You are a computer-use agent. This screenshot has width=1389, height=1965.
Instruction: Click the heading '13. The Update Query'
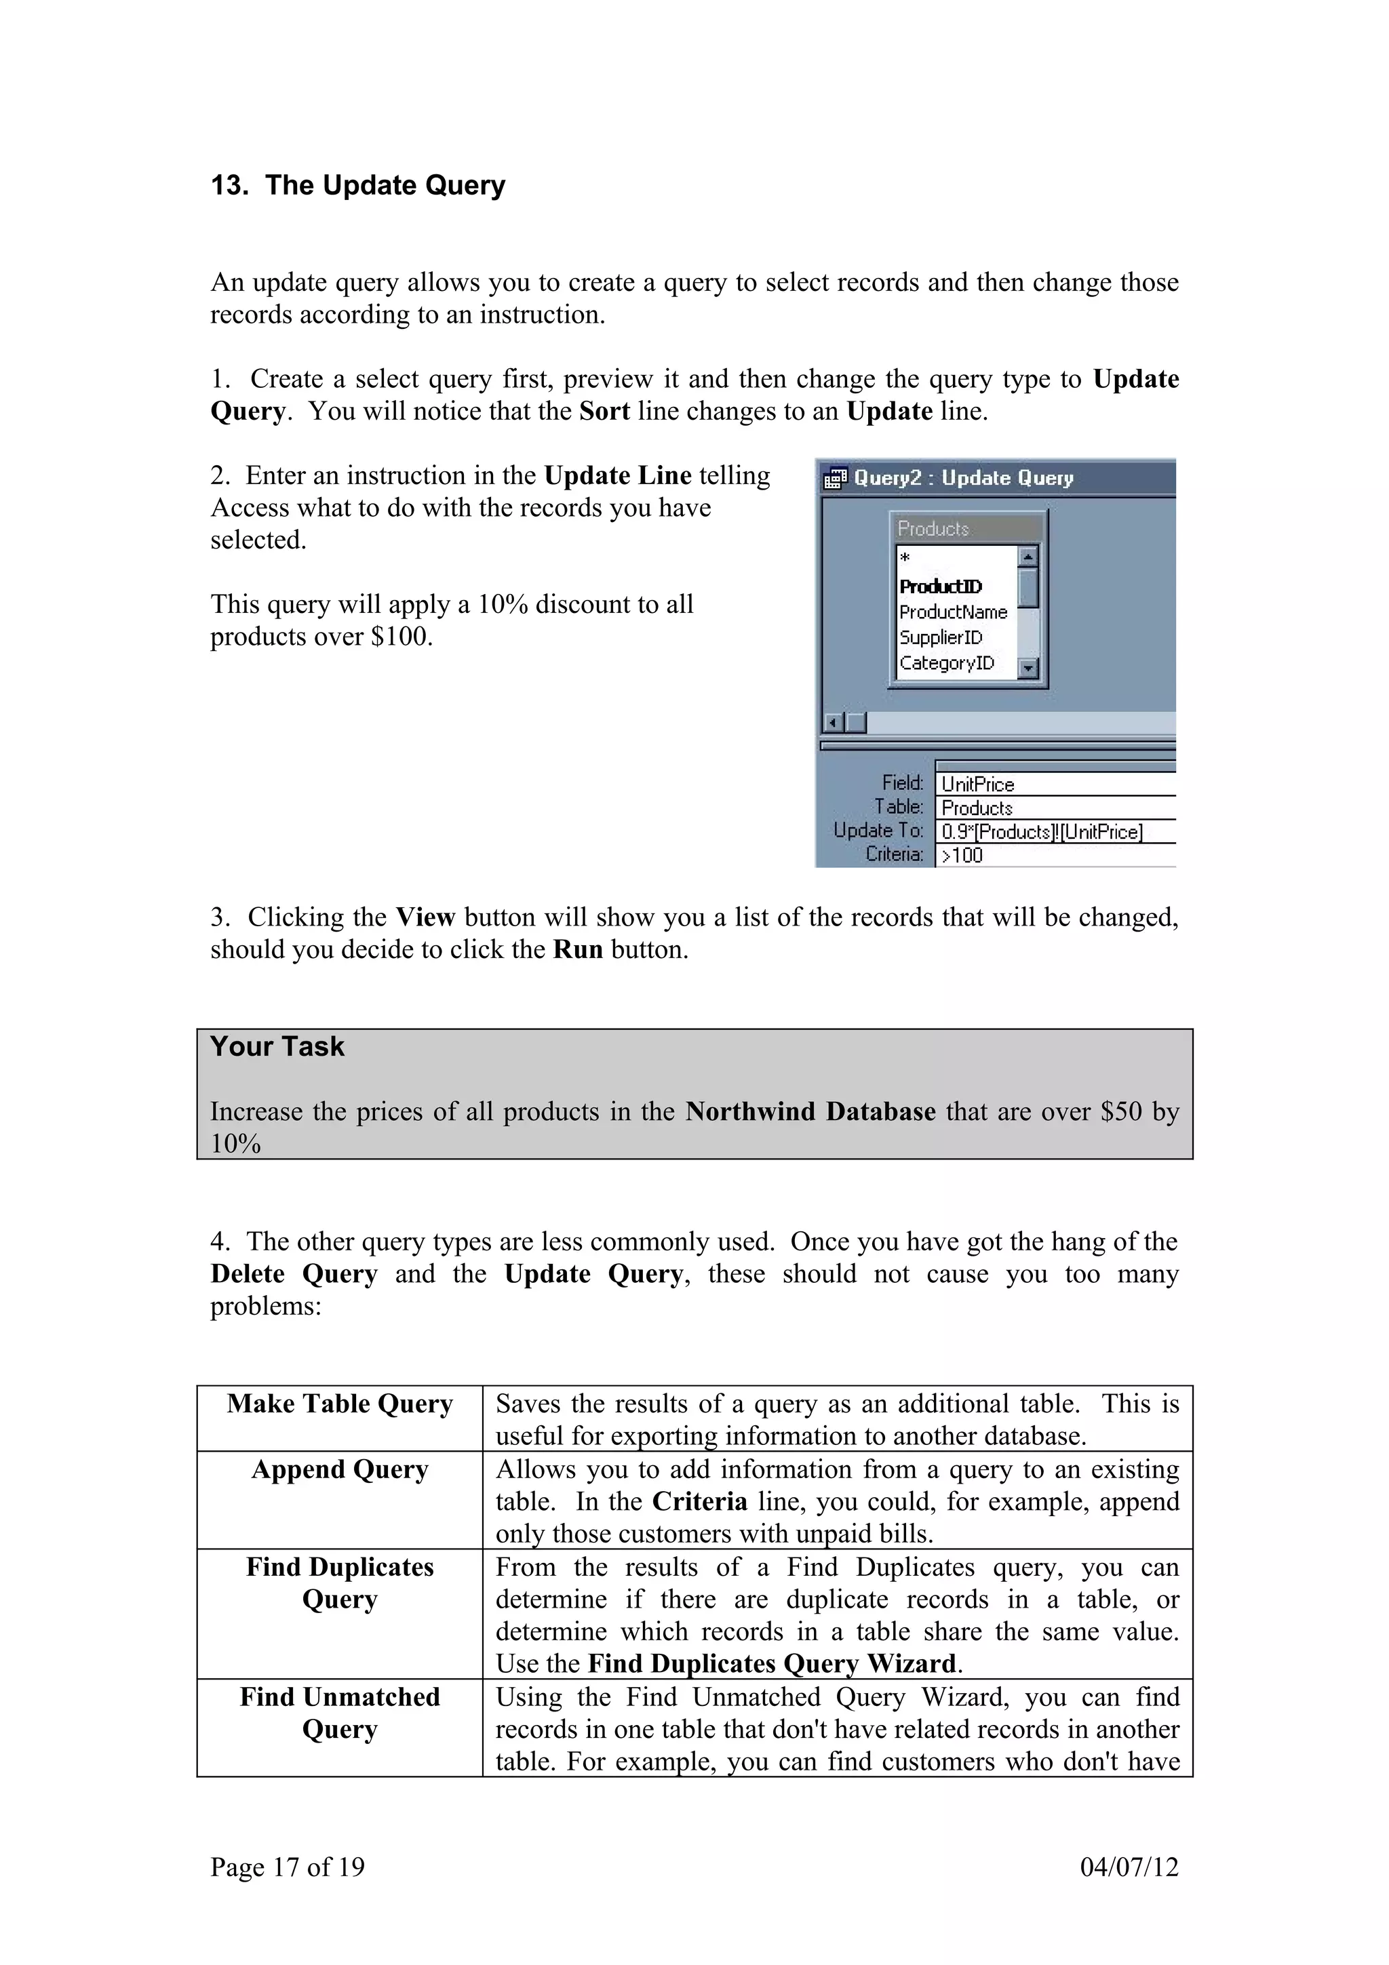[x=357, y=186]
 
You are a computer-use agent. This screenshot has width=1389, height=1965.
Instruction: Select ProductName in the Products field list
[x=952, y=612]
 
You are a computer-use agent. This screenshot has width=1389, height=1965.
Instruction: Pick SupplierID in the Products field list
[x=941, y=637]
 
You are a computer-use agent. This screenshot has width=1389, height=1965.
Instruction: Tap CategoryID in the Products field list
[x=947, y=663]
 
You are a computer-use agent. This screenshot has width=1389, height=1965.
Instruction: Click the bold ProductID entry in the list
[x=940, y=587]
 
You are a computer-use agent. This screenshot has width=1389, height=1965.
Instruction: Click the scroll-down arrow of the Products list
[x=1029, y=668]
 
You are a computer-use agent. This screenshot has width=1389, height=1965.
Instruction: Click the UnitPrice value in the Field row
[x=977, y=784]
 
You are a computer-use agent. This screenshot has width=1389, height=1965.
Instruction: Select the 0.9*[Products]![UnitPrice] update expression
[x=1042, y=832]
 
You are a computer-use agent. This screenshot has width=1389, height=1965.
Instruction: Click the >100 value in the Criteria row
[x=962, y=855]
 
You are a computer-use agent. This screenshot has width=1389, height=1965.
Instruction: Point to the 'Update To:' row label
[x=878, y=830]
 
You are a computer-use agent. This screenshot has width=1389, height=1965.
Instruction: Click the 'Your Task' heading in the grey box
[x=277, y=1047]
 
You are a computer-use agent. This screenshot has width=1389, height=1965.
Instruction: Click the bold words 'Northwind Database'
[x=810, y=1112]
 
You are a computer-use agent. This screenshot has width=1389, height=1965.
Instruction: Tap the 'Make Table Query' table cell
[x=340, y=1404]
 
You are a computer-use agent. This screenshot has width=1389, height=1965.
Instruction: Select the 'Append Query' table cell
[x=340, y=1469]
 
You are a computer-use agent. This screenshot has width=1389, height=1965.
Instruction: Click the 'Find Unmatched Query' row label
[x=340, y=1713]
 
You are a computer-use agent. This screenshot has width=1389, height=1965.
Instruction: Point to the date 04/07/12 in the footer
[x=1129, y=1867]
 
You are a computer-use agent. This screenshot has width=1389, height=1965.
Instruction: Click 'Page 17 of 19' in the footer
[x=288, y=1867]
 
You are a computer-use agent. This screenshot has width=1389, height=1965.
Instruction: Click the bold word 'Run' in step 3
[x=578, y=950]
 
